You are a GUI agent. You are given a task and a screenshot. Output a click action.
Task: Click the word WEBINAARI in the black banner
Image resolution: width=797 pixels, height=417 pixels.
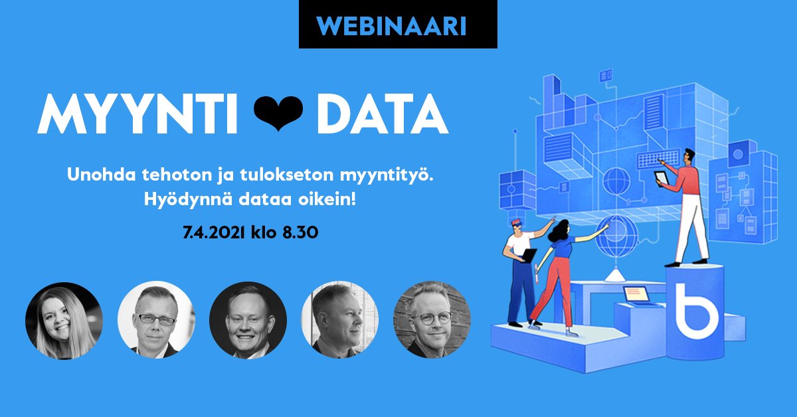point(398,25)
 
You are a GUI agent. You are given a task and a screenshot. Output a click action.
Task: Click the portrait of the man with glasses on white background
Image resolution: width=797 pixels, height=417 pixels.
point(156,321)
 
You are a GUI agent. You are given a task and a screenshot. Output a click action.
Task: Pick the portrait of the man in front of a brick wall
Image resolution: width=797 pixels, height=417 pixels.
point(432,321)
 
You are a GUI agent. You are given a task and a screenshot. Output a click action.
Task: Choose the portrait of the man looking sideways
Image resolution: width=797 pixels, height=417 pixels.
point(340,321)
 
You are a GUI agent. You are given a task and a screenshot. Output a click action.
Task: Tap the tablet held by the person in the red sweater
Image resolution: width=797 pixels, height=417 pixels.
point(662,178)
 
